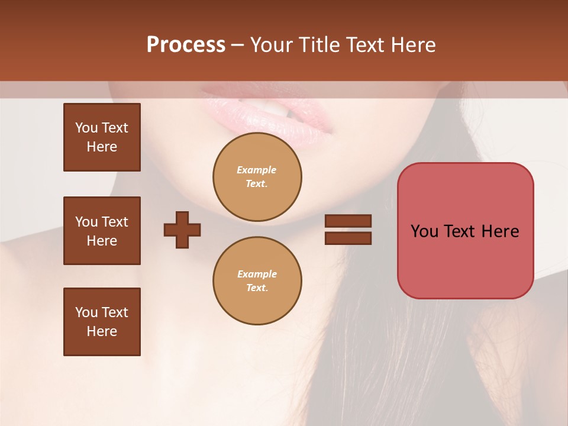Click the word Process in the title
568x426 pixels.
click(x=186, y=44)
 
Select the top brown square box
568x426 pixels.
click(x=102, y=137)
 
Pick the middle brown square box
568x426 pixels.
click(x=102, y=231)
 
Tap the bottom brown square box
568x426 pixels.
click(x=102, y=322)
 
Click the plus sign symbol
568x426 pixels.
click(x=182, y=230)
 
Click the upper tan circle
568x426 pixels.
click(x=257, y=177)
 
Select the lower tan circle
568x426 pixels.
click(x=257, y=281)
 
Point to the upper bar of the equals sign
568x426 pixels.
click(x=348, y=221)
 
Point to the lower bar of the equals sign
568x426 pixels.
click(x=348, y=238)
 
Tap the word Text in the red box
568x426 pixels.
click(x=461, y=231)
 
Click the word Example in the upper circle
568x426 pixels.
click(x=256, y=170)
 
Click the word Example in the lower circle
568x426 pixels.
click(x=257, y=274)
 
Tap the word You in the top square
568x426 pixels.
click(x=86, y=128)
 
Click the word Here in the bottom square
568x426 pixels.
click(x=102, y=331)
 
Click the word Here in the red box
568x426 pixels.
click(x=500, y=231)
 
